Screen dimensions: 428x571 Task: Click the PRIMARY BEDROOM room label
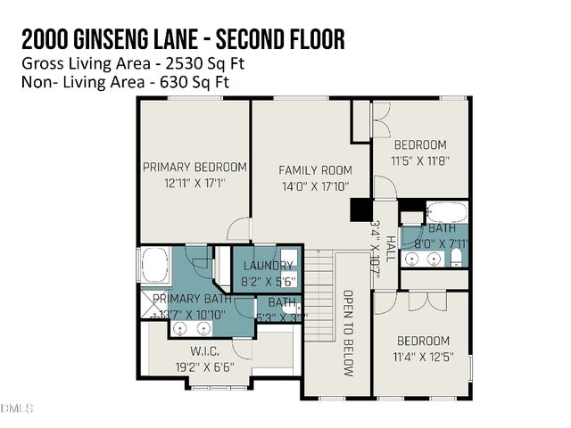pyautogui.click(x=194, y=167)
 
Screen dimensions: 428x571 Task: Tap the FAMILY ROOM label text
pyautogui.click(x=315, y=170)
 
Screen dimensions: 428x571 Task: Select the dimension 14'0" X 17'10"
pyautogui.click(x=315, y=186)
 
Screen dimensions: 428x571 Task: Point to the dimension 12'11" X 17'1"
pyautogui.click(x=194, y=183)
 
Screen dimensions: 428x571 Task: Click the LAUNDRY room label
pyautogui.click(x=268, y=265)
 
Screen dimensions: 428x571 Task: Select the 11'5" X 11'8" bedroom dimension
pyautogui.click(x=421, y=161)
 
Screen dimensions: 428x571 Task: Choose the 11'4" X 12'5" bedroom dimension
pyautogui.click(x=421, y=358)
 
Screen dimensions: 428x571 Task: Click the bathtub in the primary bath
pyautogui.click(x=153, y=266)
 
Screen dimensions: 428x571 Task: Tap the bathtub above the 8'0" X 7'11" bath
pyautogui.click(x=446, y=213)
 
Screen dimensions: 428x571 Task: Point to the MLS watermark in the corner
pyautogui.click(x=16, y=408)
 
